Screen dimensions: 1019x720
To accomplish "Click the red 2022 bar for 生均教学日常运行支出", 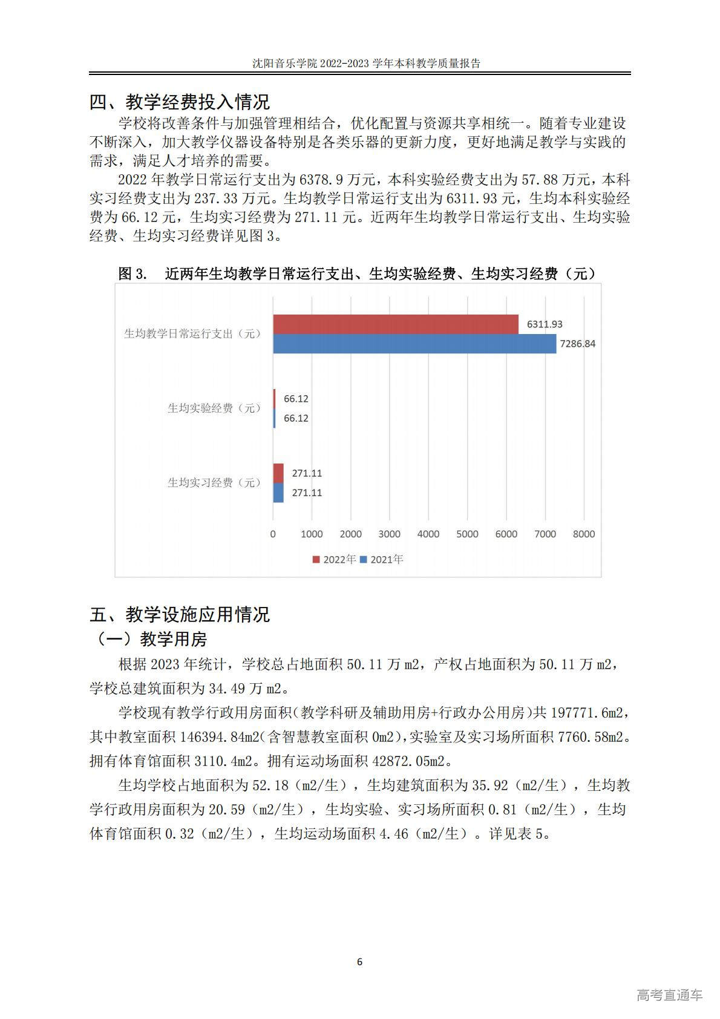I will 396,324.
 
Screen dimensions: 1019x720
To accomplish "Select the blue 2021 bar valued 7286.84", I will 414,344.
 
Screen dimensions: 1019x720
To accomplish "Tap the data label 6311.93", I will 545,324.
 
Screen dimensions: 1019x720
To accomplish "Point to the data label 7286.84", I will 577,344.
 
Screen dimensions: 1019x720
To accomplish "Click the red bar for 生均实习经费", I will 278,473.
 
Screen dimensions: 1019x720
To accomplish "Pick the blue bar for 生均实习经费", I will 278,493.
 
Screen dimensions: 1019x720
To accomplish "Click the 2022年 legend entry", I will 335,560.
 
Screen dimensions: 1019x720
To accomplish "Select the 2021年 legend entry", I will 382,560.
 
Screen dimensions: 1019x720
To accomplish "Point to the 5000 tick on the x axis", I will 467,534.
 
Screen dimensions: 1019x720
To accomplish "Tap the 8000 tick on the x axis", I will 584,534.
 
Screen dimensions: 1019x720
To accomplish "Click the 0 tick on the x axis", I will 273,534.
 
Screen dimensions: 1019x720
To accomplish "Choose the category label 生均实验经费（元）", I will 214,408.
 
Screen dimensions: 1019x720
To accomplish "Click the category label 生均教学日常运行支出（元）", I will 192,334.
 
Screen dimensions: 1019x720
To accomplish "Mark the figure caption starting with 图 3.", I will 357,274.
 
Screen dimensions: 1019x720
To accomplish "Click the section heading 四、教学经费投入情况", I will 180,102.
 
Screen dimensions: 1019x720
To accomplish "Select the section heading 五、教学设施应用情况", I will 180,615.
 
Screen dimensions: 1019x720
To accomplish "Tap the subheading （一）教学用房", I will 149,639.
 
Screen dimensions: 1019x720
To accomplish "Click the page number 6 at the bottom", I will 360,962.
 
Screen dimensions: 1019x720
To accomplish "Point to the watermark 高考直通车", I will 669,994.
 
